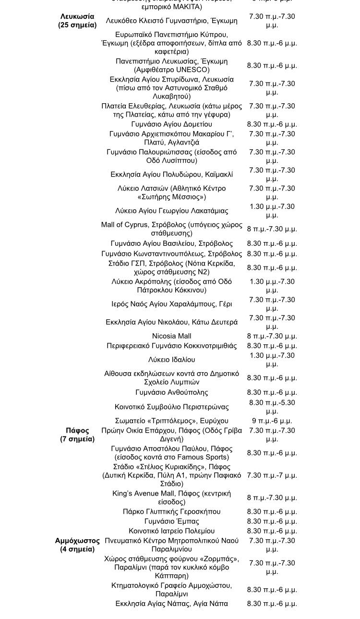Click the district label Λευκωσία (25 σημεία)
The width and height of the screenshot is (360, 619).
(x=77, y=21)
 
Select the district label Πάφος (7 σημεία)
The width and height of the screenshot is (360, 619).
(x=77, y=435)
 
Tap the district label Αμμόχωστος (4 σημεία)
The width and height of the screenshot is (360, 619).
(x=77, y=545)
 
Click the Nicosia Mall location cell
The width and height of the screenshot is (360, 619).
(x=171, y=336)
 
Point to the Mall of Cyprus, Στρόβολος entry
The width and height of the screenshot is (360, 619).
(x=171, y=229)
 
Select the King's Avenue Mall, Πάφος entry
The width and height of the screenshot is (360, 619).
(x=171, y=498)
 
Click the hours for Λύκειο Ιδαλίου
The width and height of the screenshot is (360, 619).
(x=272, y=359)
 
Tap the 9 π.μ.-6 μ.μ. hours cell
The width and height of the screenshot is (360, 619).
(x=272, y=421)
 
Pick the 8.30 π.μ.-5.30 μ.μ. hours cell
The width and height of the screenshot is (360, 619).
(x=272, y=407)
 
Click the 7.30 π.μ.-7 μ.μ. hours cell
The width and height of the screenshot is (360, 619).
(x=272, y=475)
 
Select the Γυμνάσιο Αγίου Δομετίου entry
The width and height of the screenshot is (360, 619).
(x=171, y=124)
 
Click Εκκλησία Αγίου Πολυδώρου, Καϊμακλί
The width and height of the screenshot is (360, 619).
(x=171, y=174)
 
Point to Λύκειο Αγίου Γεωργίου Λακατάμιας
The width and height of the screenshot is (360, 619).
(x=171, y=210)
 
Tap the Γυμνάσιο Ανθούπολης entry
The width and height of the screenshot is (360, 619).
(x=171, y=392)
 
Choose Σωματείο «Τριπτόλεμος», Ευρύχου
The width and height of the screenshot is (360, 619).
(x=171, y=421)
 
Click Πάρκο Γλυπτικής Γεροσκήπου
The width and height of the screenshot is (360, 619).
(x=171, y=511)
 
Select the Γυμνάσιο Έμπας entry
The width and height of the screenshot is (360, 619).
(x=171, y=521)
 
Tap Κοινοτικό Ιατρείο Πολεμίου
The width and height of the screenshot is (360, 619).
(x=171, y=531)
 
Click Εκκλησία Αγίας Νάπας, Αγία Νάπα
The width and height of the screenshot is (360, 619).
(x=171, y=603)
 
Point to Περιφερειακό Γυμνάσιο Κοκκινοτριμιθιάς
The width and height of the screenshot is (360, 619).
(x=171, y=345)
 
